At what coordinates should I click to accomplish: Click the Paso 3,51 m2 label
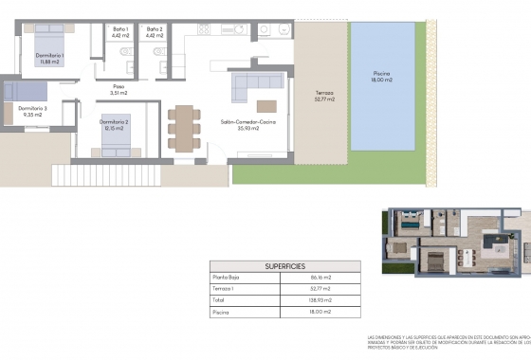119,90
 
